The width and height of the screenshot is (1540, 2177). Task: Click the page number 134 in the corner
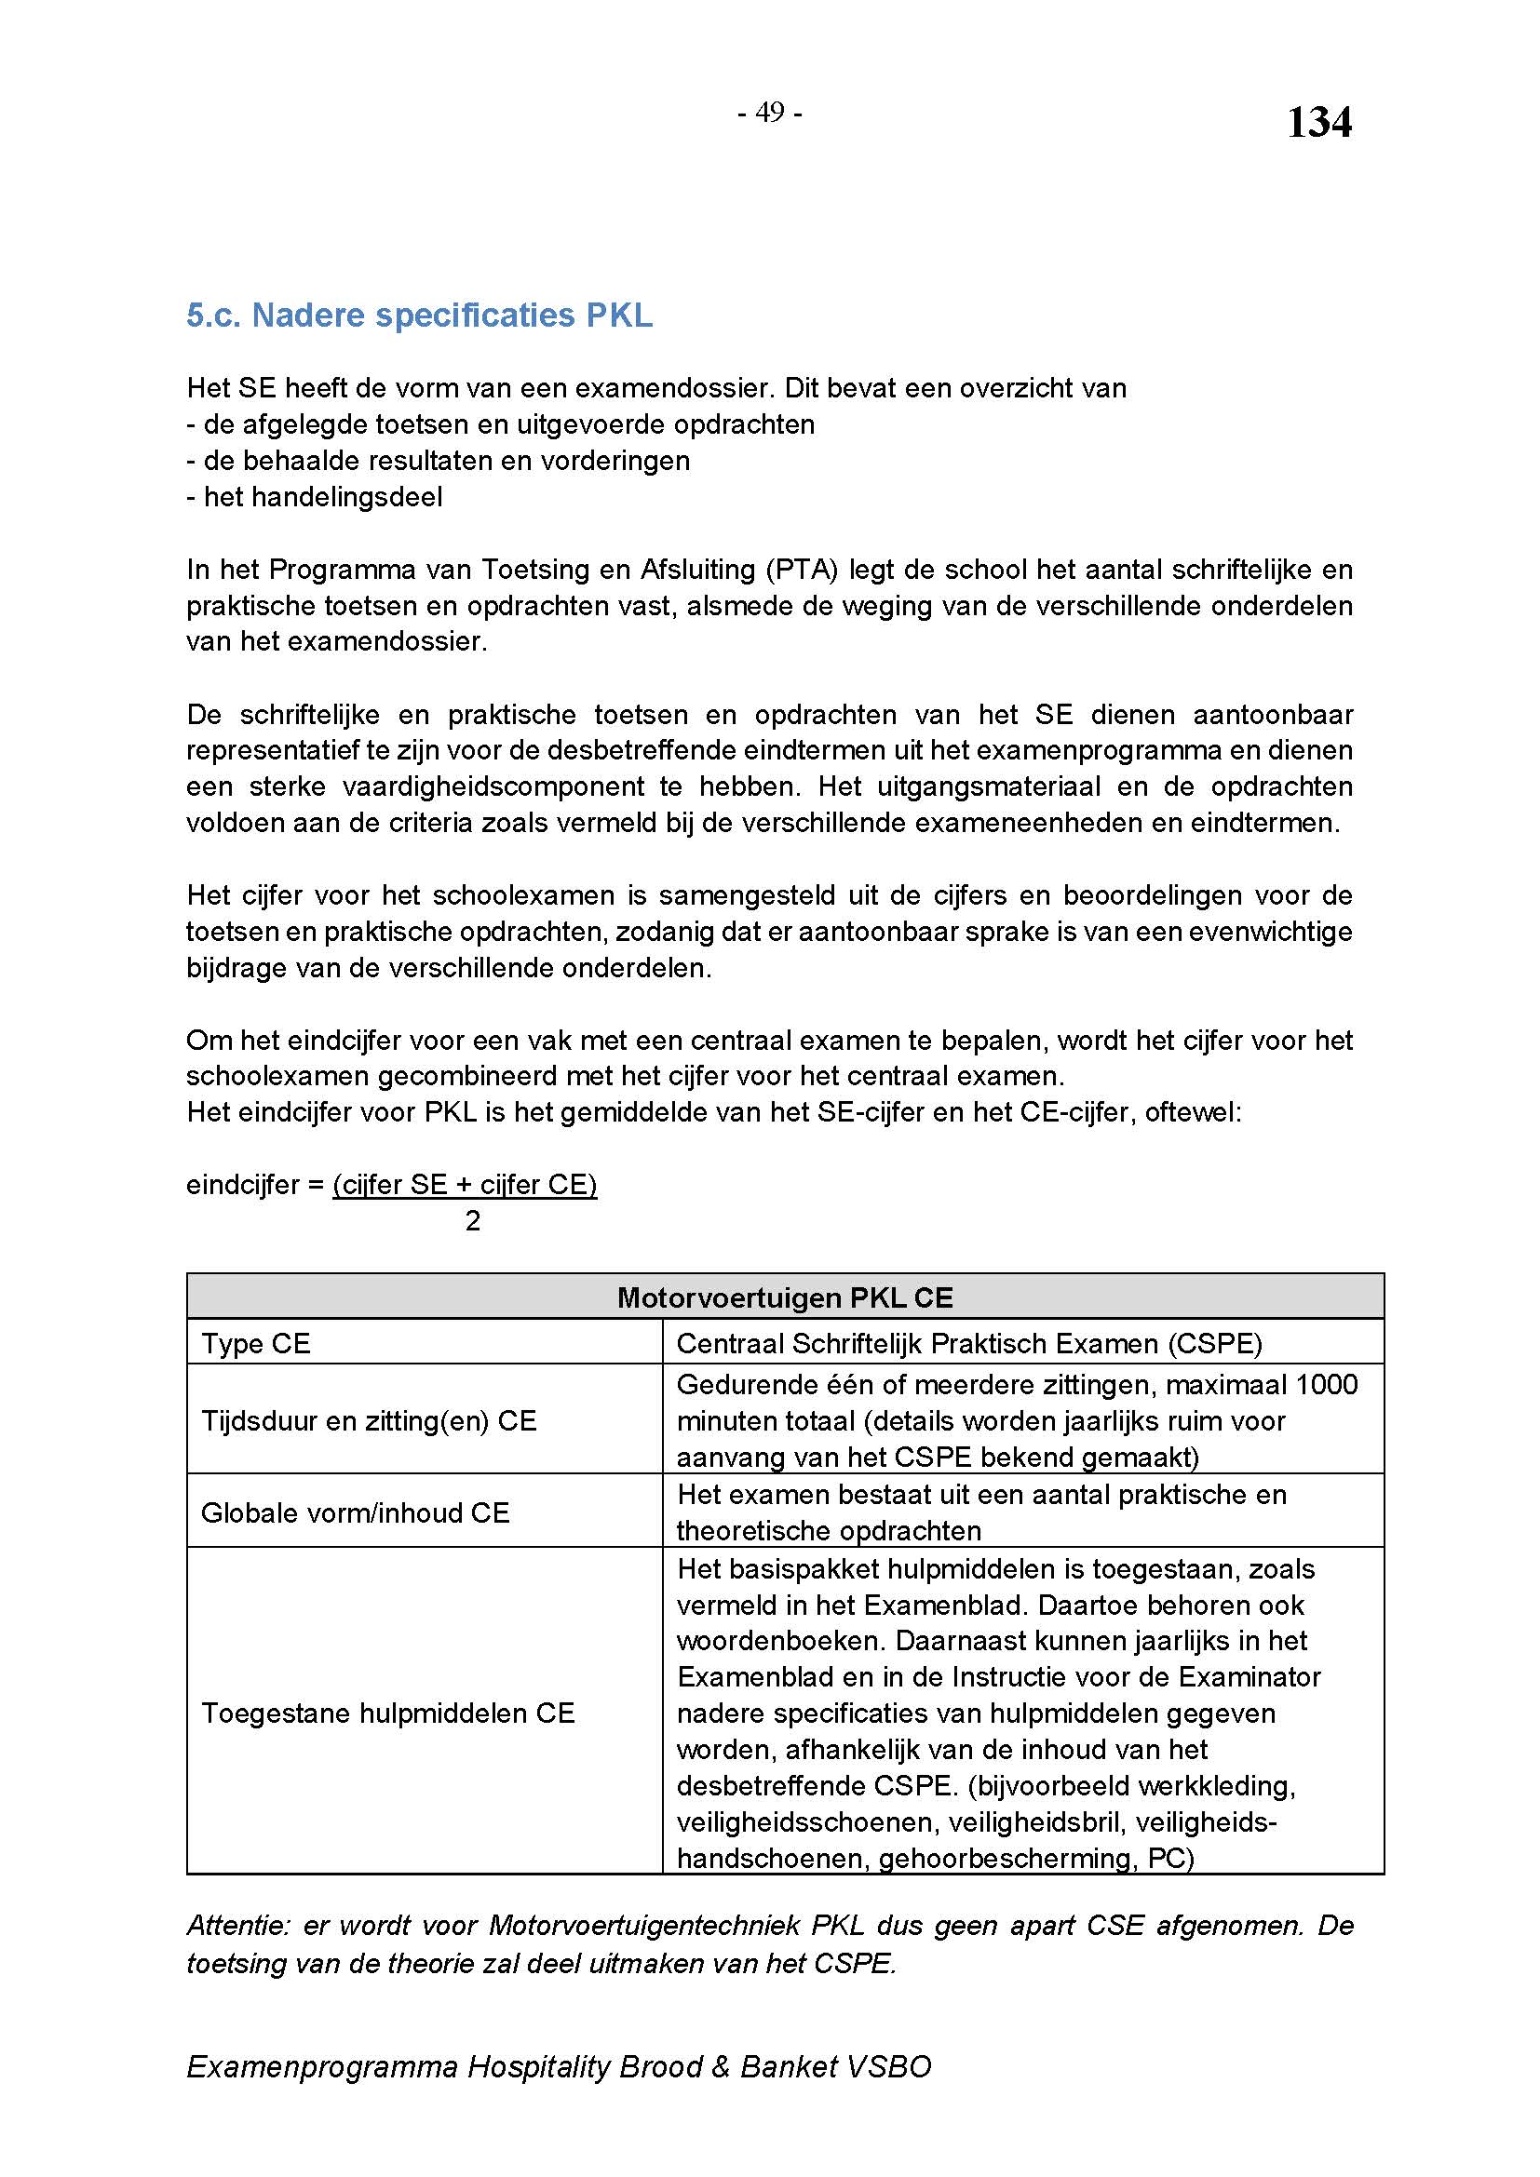click(x=1318, y=123)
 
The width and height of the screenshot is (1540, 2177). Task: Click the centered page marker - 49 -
click(x=770, y=113)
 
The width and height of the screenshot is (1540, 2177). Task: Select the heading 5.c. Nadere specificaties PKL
click(x=419, y=316)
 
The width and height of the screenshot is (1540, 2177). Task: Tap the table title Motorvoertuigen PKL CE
click(x=784, y=1297)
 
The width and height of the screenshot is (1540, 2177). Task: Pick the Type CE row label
click(x=256, y=1344)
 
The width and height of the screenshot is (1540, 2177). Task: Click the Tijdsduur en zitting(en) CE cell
click(x=369, y=1420)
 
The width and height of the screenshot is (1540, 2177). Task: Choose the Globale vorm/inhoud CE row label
click(x=356, y=1512)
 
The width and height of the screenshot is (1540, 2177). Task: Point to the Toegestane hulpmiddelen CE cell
click(x=388, y=1713)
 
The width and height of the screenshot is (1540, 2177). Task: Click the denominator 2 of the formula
click(x=473, y=1221)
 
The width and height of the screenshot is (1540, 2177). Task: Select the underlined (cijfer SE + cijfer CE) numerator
click(x=465, y=1185)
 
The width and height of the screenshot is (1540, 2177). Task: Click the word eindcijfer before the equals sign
click(x=243, y=1185)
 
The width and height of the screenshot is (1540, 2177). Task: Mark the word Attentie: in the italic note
click(x=238, y=1926)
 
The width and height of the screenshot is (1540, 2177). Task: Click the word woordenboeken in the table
click(x=780, y=1641)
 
